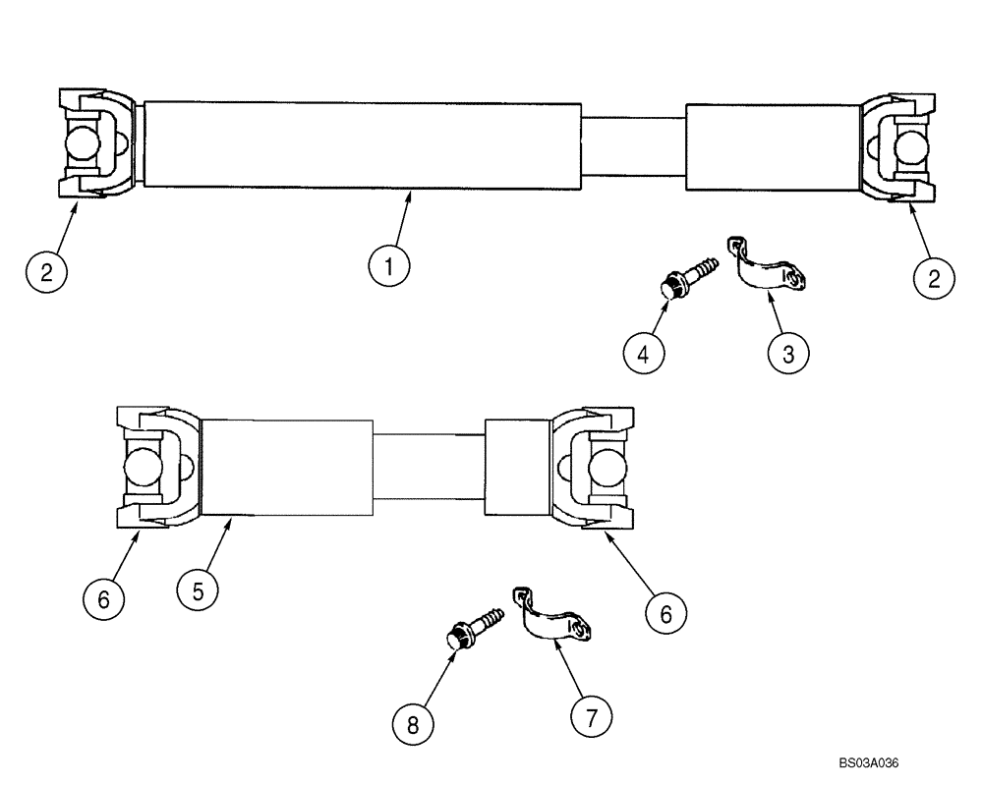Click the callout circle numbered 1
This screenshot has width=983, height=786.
(x=389, y=265)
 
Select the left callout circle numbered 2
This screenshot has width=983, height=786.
(x=46, y=272)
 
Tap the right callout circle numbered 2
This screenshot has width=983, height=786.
(x=935, y=277)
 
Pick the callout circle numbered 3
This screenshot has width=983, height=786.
(x=788, y=352)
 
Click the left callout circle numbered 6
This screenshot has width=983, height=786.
(x=103, y=598)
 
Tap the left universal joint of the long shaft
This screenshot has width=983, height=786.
(x=96, y=144)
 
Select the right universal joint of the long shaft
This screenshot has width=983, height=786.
(x=898, y=147)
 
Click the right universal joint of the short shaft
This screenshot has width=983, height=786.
(x=591, y=466)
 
